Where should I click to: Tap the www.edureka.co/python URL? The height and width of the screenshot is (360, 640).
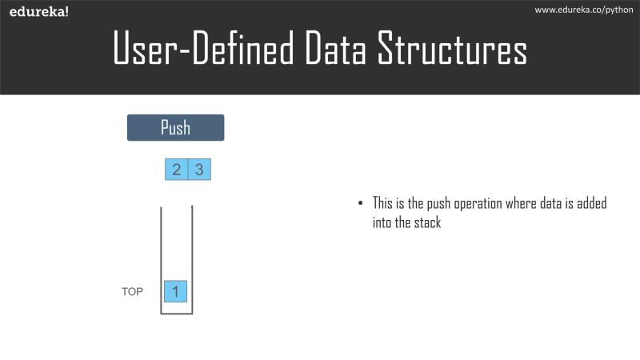tap(585, 10)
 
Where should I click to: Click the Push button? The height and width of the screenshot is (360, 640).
tap(175, 128)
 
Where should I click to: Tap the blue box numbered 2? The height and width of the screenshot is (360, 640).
tap(176, 170)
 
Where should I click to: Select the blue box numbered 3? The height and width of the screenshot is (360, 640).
tap(199, 170)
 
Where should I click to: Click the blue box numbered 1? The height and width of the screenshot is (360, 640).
tap(175, 291)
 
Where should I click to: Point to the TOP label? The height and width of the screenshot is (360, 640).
tap(132, 292)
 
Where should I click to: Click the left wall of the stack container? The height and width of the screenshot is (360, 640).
tap(161, 256)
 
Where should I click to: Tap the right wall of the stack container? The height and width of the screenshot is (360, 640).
tap(192, 256)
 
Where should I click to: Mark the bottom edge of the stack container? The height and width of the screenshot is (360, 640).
tap(177, 314)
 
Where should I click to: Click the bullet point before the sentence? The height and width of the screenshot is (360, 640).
tap(361, 204)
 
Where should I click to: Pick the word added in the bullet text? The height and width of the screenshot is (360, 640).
tap(590, 203)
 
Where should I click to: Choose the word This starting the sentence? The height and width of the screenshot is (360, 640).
tap(382, 203)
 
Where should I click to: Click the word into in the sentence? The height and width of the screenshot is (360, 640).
tap(382, 223)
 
